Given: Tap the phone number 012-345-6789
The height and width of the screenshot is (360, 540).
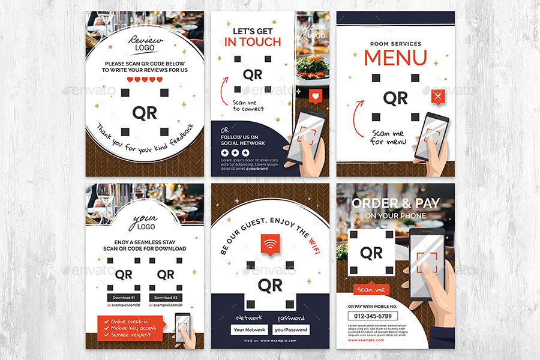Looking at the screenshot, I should coord(372,316).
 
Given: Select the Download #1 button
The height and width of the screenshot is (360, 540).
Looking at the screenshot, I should coord(123,297).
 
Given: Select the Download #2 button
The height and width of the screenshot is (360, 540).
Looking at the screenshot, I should coord(166,297).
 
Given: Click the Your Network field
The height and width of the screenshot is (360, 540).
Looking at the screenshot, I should coord(249,329).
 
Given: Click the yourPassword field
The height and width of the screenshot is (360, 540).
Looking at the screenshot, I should coord(291,329).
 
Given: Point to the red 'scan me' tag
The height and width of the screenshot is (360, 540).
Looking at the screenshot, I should coord(372,290).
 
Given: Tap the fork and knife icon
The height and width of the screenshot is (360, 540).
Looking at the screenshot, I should coord(439,95).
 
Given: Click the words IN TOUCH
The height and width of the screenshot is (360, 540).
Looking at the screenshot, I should coord(252,42).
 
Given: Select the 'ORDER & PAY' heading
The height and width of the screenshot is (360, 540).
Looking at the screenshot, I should coord(395,203).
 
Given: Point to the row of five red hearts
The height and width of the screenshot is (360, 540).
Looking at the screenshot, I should coord(145,80).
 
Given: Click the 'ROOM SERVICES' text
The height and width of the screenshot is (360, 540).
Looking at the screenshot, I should coord(395,44).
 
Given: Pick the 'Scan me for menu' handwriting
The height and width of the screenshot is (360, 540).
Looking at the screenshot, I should coord(387,138).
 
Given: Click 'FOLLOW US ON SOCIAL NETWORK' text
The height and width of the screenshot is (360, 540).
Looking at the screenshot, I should coord(242,140).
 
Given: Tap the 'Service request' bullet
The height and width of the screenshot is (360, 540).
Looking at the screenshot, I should coord(128,335).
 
